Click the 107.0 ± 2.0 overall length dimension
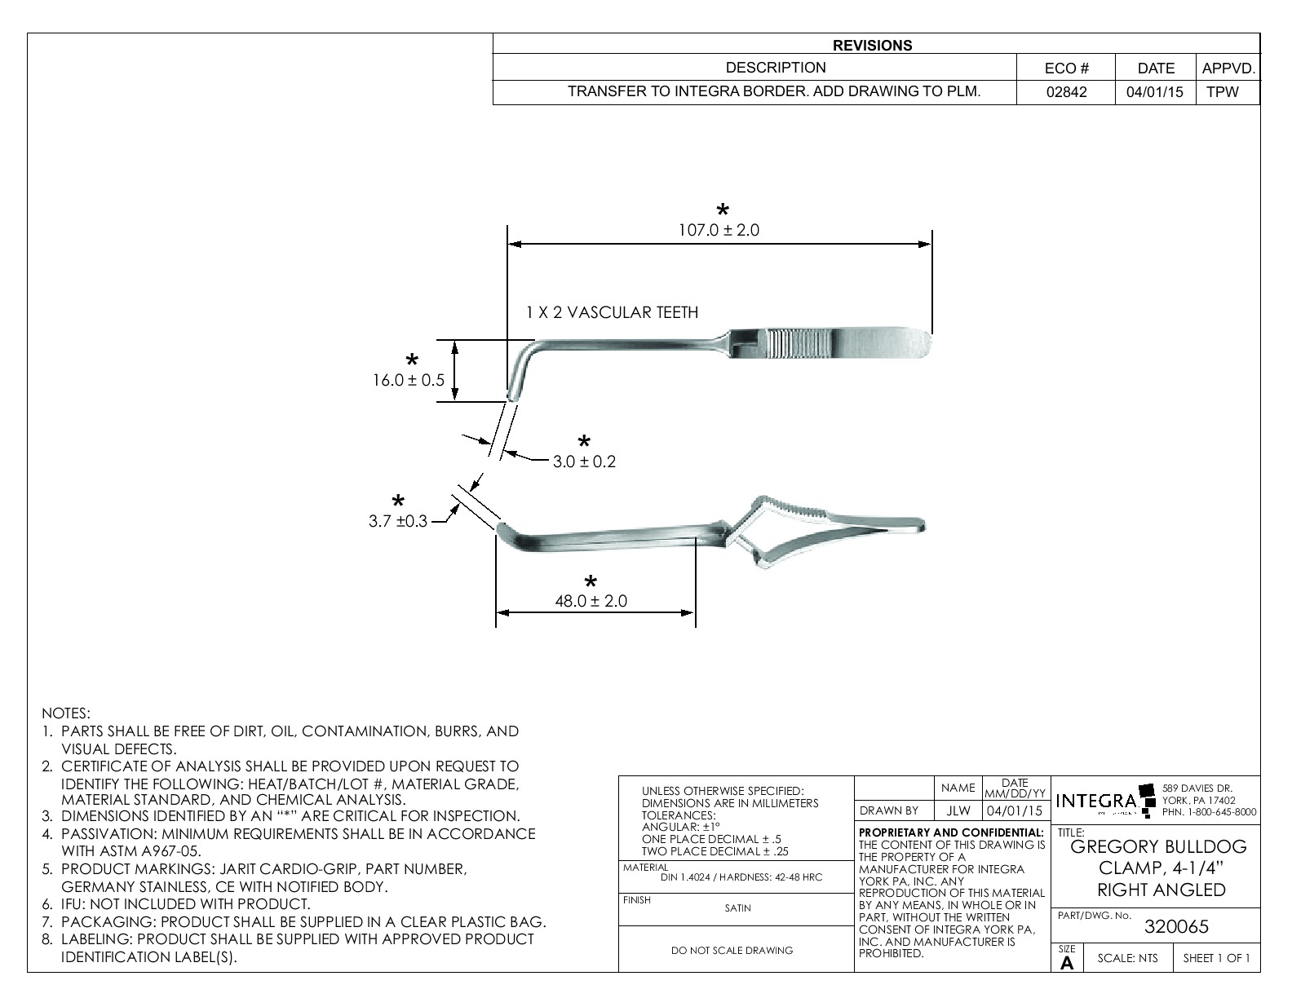tap(719, 231)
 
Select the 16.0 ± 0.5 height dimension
tap(409, 380)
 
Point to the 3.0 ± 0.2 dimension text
tap(584, 461)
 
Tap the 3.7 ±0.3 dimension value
tap(398, 521)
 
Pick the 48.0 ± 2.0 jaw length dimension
tap(591, 601)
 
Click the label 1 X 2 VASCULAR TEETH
tap(612, 312)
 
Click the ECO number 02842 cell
tap(1066, 92)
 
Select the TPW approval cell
tap(1222, 92)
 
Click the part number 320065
tap(1177, 926)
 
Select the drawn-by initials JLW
tap(958, 810)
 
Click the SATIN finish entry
tap(737, 907)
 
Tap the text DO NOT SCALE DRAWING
tap(731, 950)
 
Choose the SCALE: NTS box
tap(1127, 958)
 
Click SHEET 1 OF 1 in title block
tap(1215, 958)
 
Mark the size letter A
tap(1066, 963)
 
